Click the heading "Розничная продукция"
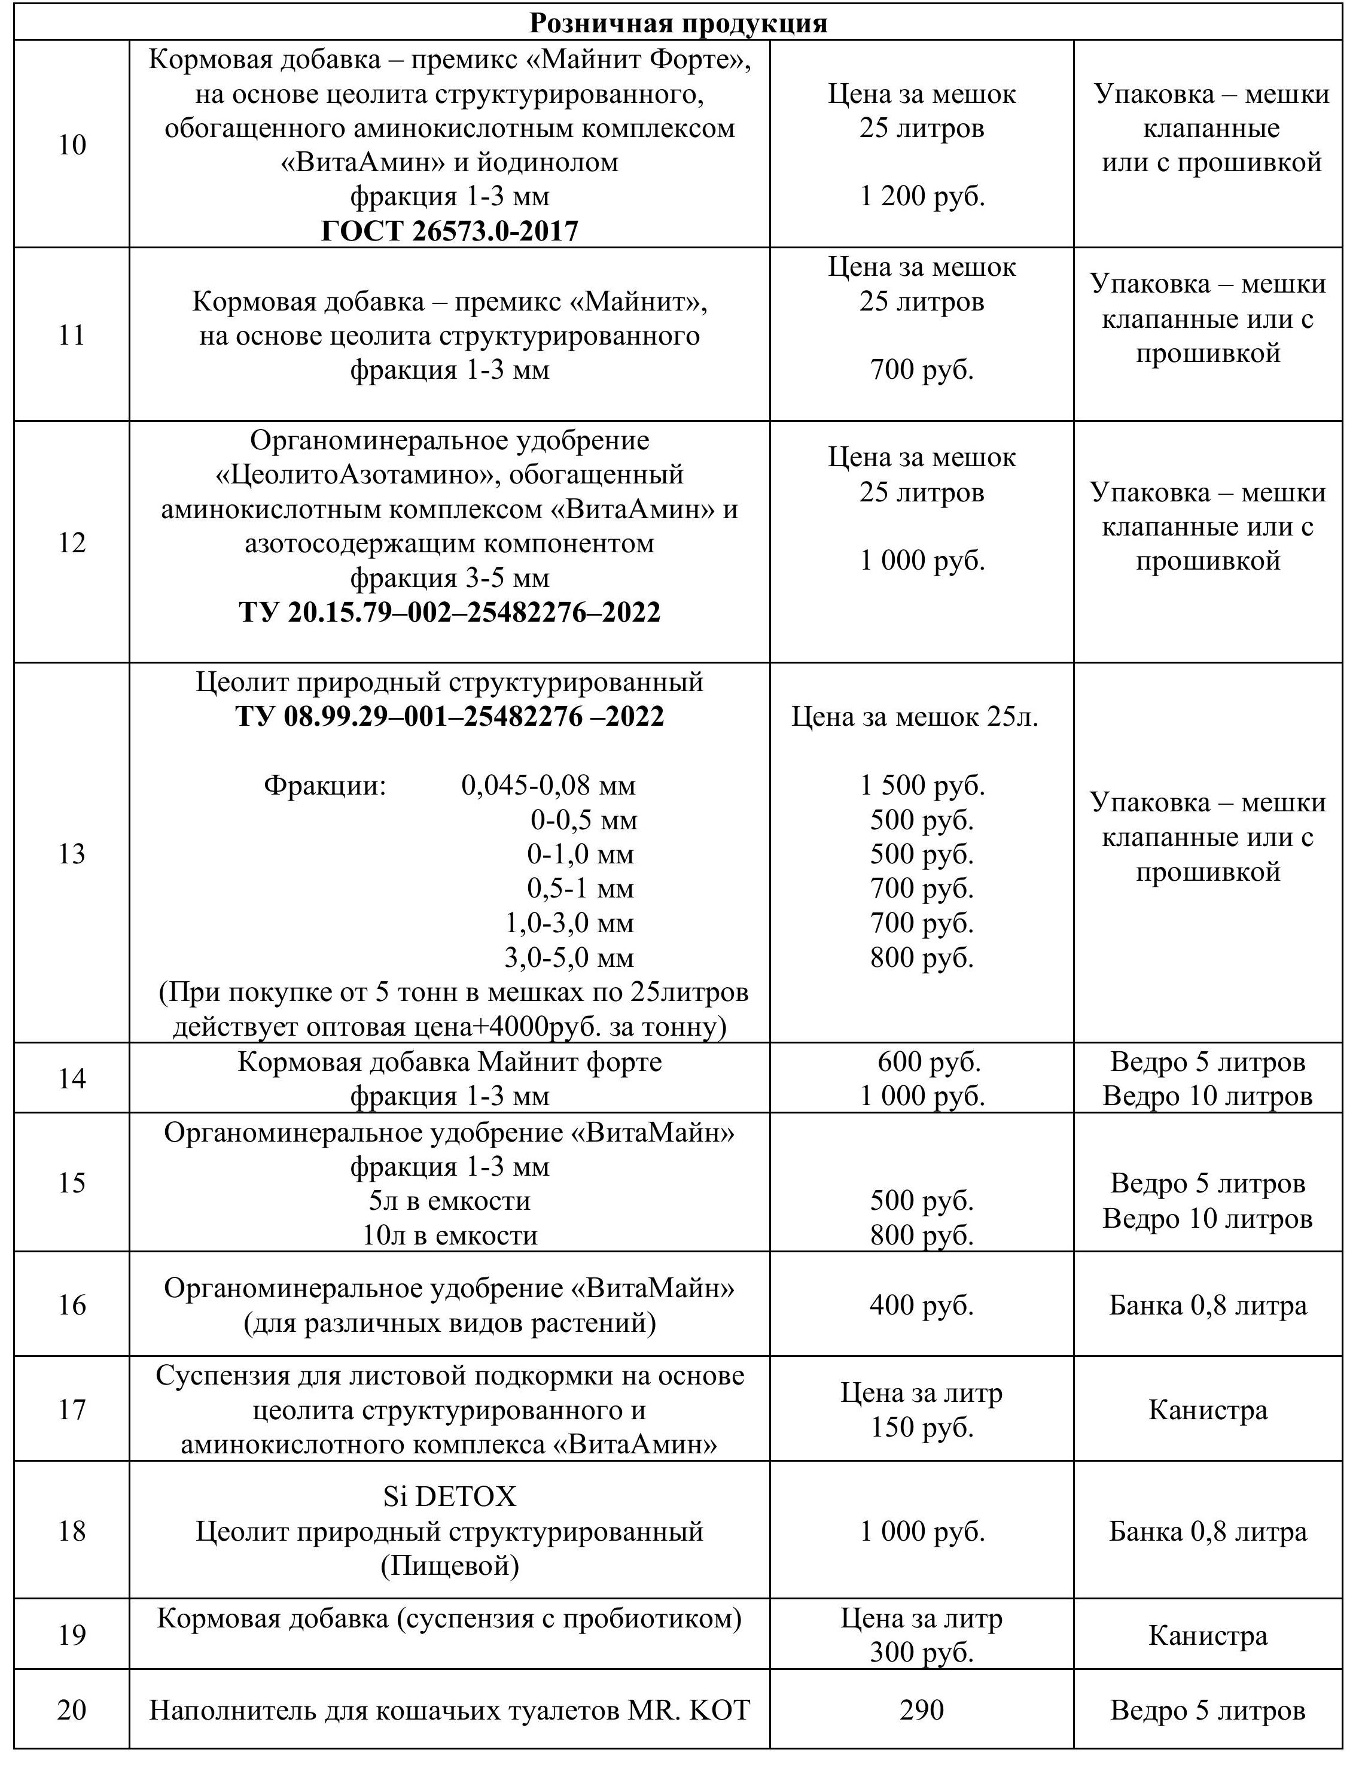coord(678,23)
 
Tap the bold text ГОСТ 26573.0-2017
coord(449,231)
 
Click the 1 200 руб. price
coord(922,196)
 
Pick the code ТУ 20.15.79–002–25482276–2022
coord(449,611)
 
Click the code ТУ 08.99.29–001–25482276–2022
coord(449,716)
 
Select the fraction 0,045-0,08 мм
coord(548,785)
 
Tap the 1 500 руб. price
coord(922,785)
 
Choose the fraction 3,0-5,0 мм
coord(568,957)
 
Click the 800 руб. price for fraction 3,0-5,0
coord(922,957)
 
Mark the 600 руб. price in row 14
coord(928,1061)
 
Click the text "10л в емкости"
coord(449,1235)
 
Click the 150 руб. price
coord(922,1427)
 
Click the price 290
coord(922,1709)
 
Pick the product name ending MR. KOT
coord(449,1710)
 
